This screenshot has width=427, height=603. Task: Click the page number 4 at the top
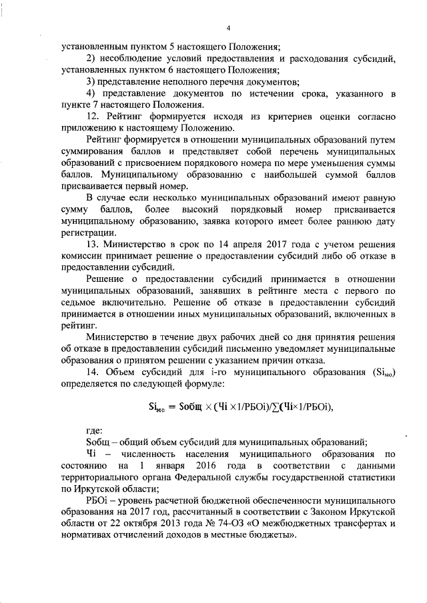click(228, 28)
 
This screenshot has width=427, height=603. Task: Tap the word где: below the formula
click(97, 430)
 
